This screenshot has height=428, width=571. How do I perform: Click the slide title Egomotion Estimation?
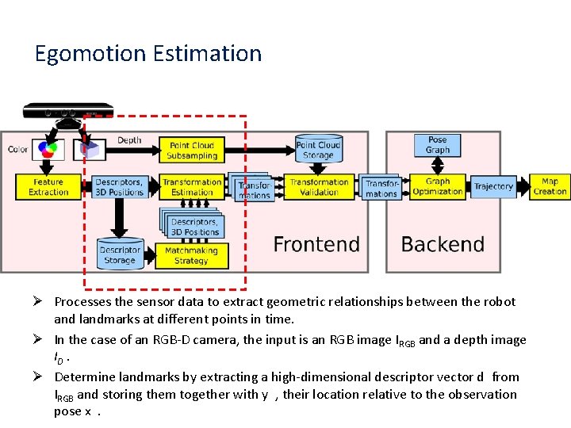coord(148,53)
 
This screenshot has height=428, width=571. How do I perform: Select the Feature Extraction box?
coord(48,187)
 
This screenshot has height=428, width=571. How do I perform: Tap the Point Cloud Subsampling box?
coord(192,150)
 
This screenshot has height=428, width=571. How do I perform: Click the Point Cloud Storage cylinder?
coord(317,149)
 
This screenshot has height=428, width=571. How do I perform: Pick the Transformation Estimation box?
coord(192,187)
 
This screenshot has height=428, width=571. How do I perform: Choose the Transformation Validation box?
coord(319,187)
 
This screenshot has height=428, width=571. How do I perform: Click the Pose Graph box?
coord(437,145)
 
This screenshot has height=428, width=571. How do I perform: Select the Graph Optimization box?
coord(437,186)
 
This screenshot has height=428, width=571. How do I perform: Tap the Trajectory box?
coord(493,187)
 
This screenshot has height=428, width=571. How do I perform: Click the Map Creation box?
coord(550,187)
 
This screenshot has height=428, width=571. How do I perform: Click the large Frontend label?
coord(316,244)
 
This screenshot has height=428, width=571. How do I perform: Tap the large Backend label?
coord(443,244)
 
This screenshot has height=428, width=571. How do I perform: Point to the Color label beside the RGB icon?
coord(17,149)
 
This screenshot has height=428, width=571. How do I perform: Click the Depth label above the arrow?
coord(129,140)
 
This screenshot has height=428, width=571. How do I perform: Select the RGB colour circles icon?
coord(48,148)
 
